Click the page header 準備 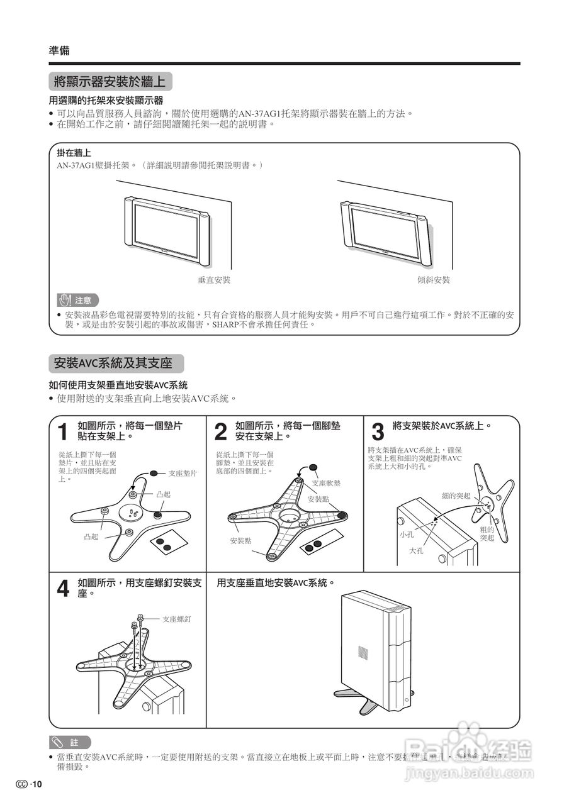pyautogui.click(x=59, y=51)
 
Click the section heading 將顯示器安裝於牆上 pyautogui.click(x=110, y=81)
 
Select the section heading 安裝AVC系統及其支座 pyautogui.click(x=113, y=363)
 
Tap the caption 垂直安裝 pyautogui.click(x=214, y=280)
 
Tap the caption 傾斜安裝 pyautogui.click(x=434, y=280)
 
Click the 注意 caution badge pyautogui.click(x=77, y=300)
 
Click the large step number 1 pyautogui.click(x=62, y=432)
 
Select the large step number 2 pyautogui.click(x=220, y=432)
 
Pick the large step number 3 pyautogui.click(x=378, y=432)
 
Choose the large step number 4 pyautogui.click(x=62, y=589)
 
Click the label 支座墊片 pyautogui.click(x=183, y=473)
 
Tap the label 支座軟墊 pyautogui.click(x=326, y=483)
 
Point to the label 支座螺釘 pyautogui.click(x=176, y=619)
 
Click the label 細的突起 pyautogui.click(x=456, y=496)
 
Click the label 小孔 pyautogui.click(x=406, y=534)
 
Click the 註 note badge pyautogui.click(x=70, y=742)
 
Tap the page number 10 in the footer pyautogui.click(x=37, y=784)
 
